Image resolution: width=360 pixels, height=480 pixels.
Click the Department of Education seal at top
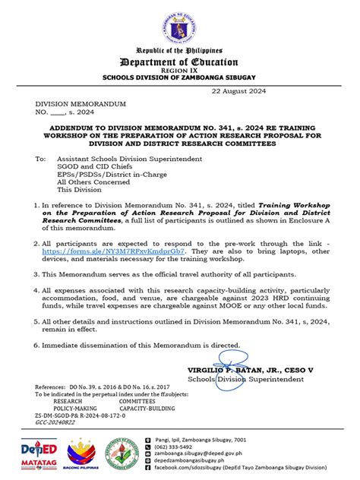(180, 28)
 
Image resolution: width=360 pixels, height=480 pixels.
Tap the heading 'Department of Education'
(180, 62)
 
